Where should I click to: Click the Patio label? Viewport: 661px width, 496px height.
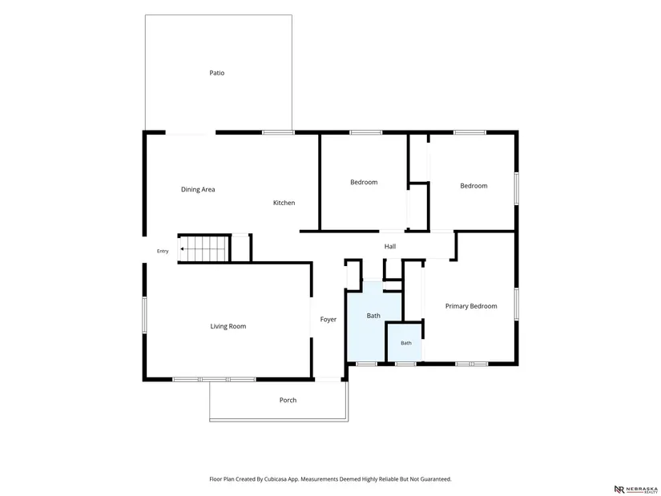(216, 73)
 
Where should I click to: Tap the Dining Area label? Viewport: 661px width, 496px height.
(198, 189)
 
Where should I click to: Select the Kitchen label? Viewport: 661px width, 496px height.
(284, 203)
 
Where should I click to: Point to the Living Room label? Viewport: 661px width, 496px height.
(228, 326)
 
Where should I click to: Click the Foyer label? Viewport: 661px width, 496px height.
(328, 319)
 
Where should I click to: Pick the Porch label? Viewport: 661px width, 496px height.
(288, 400)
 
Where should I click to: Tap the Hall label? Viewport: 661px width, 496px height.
(390, 246)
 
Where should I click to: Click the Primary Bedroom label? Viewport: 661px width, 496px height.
(471, 306)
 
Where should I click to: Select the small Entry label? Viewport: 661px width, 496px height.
(163, 251)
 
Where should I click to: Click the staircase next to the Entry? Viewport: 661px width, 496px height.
(204, 249)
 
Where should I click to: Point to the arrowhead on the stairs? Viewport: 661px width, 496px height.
(182, 249)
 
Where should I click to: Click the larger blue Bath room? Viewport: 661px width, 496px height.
(373, 321)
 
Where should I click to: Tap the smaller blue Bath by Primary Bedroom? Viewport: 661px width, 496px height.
(405, 342)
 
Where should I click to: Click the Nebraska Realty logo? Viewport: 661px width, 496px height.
(635, 490)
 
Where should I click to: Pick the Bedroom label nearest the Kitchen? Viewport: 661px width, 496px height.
(364, 182)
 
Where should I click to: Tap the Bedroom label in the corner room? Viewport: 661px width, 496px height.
(474, 186)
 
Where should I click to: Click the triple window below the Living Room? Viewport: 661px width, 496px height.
(214, 380)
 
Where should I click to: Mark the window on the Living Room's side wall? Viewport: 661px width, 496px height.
(144, 315)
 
